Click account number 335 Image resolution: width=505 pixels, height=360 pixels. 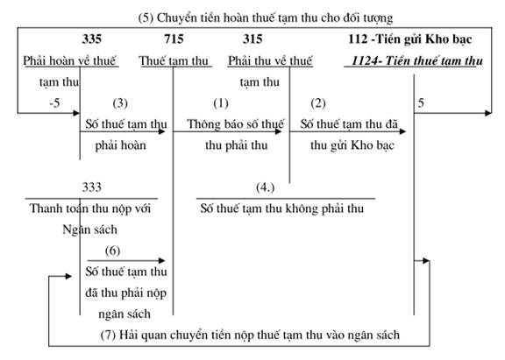coord(92,39)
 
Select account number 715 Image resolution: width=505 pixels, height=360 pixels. coord(174,39)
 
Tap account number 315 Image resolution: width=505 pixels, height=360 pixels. coord(252,39)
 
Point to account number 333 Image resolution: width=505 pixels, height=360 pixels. coord(92,187)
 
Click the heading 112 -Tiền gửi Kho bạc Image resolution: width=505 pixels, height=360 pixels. coord(410,39)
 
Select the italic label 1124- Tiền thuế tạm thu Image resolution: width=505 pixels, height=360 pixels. coord(417,60)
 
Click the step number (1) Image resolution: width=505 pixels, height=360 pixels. coord(221,103)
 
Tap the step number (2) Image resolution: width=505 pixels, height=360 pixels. coord(318,103)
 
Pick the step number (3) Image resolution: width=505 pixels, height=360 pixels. coord(120,103)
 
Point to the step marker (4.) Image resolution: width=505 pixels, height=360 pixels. coord(265,187)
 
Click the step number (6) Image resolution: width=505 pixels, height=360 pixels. coord(112,251)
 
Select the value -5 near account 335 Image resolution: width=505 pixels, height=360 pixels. coord(54,103)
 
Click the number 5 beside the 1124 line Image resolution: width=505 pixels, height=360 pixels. coord(421,103)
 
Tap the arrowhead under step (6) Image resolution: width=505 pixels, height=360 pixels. coord(162,261)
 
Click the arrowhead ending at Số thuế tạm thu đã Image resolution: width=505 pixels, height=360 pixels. coord(402,131)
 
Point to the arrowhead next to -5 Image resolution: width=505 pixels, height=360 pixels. coord(76,113)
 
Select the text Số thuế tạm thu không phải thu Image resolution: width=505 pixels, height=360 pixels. coord(282,208)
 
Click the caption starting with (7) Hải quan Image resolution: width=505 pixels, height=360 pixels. coord(250,335)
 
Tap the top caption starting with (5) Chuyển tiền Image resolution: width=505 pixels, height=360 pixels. coord(266,18)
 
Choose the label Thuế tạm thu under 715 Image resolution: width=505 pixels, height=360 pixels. coord(174,60)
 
